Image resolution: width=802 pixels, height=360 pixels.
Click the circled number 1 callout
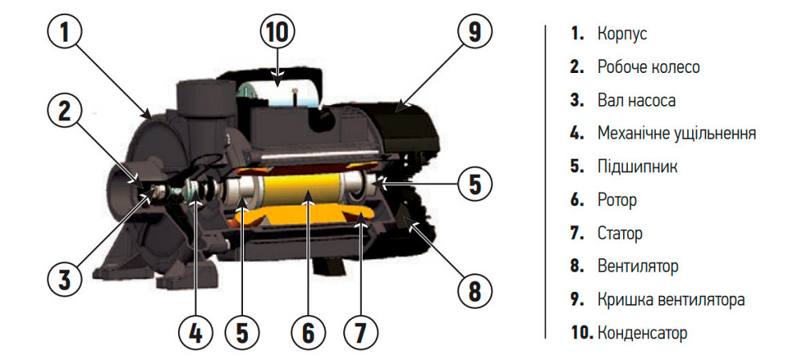click(64, 32)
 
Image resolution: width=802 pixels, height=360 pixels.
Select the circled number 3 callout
click(64, 279)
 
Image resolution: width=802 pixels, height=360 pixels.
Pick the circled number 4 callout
click(196, 333)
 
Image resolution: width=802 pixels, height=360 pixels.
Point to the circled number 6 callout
click(309, 333)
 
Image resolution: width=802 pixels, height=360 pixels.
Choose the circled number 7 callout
click(361, 333)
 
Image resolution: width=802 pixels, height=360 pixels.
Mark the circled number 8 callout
click(474, 292)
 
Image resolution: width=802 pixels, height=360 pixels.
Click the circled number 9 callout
click(474, 32)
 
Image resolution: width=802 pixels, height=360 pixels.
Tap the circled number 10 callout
click(277, 32)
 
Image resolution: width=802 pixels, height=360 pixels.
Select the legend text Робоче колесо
click(649, 67)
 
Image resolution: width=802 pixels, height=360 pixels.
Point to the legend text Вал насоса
click(636, 100)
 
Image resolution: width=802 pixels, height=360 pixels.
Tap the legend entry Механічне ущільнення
click(677, 134)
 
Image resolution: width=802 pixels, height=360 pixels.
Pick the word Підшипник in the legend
click(638, 168)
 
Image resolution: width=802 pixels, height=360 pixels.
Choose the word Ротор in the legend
click(617, 200)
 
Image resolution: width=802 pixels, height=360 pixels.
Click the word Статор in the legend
click(620, 233)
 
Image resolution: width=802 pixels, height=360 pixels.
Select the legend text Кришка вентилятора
click(671, 300)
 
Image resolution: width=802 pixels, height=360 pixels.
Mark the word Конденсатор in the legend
click(642, 334)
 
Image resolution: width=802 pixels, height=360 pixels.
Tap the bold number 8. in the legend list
click(577, 267)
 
